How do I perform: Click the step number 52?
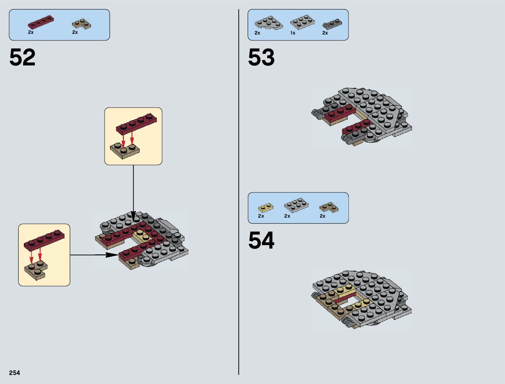pyautogui.click(x=22, y=57)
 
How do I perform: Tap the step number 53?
pyautogui.click(x=261, y=57)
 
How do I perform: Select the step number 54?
pyautogui.click(x=261, y=240)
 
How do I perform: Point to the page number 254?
pyautogui.click(x=15, y=373)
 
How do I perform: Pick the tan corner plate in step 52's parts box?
pyautogui.click(x=81, y=24)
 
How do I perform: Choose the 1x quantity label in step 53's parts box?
pyautogui.click(x=293, y=33)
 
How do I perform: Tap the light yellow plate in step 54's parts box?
pyautogui.click(x=266, y=207)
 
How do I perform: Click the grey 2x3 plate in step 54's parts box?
pyautogui.click(x=296, y=205)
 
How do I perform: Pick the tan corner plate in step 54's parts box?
pyautogui.click(x=328, y=207)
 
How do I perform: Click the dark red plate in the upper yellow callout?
pyautogui.click(x=136, y=124)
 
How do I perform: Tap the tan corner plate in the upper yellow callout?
pyautogui.click(x=125, y=151)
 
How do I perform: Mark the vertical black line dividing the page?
pyautogui.click(x=239, y=193)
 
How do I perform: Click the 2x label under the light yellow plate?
pyautogui.click(x=261, y=216)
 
